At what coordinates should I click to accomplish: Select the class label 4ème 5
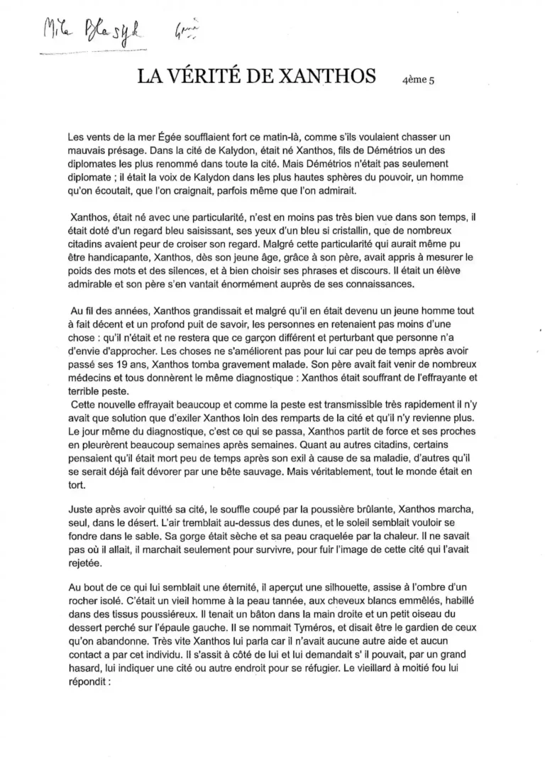tap(418, 80)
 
